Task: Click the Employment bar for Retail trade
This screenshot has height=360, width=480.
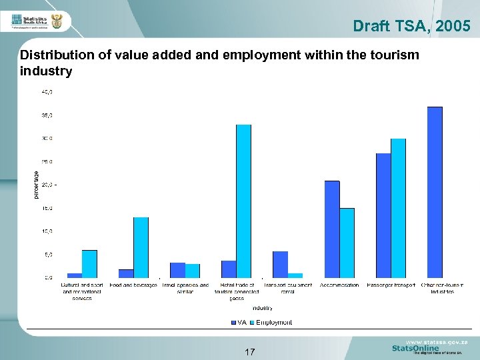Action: point(243,201)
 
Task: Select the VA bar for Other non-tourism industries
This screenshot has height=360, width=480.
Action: point(435,192)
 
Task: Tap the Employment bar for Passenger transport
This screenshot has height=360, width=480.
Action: point(398,208)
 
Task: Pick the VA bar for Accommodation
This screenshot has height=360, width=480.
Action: point(332,229)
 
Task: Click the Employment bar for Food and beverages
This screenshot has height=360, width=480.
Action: point(141,247)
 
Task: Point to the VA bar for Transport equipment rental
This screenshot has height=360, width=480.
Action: point(280,264)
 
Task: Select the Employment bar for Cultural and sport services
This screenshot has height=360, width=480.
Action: point(89,263)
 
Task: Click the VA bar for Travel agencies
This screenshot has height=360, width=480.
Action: point(177,270)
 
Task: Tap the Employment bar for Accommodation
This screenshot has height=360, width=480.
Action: point(347,243)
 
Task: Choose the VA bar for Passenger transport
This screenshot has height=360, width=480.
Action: point(383,215)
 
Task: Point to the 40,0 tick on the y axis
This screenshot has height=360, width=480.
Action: point(49,91)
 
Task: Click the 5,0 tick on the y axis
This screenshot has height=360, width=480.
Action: point(49,254)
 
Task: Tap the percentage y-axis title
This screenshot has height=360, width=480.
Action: point(36,183)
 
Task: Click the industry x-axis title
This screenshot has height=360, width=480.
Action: point(262,308)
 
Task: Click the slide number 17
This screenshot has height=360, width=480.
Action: point(250,351)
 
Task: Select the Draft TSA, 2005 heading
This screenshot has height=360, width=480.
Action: point(411,26)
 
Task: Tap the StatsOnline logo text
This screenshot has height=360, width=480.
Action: point(415,348)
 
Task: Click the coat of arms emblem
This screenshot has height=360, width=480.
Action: point(57,23)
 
